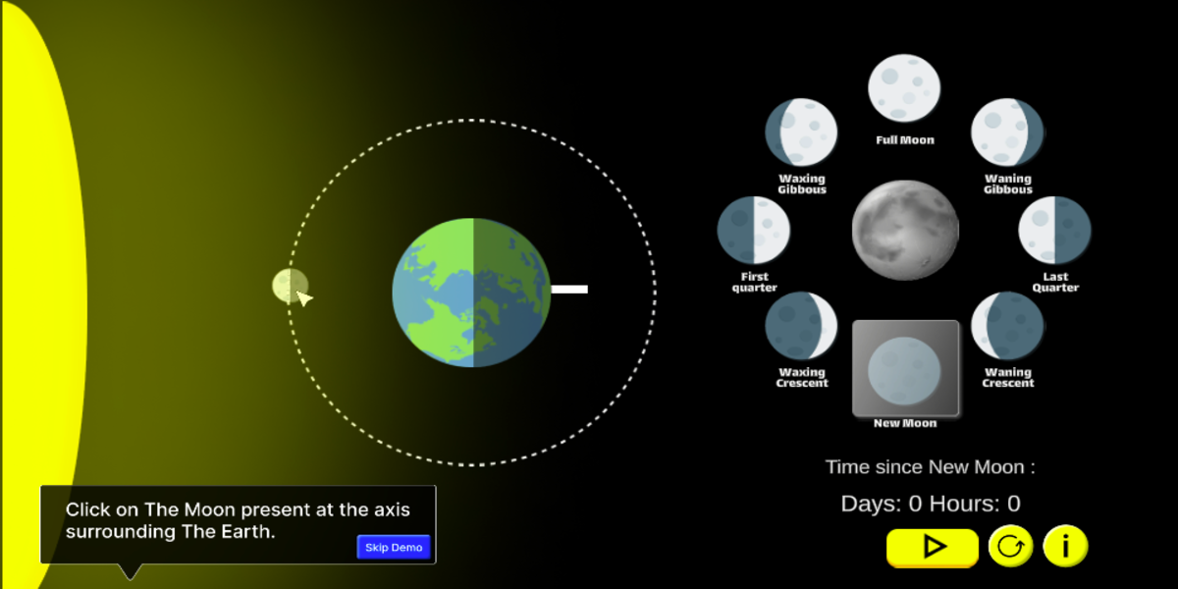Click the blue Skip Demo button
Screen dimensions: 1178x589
pos(394,547)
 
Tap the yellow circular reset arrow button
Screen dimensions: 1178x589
pos(1010,547)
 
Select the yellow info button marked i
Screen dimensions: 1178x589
pos(1065,547)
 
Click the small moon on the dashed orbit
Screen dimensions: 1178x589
pos(290,286)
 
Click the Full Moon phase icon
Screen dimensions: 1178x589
pos(904,87)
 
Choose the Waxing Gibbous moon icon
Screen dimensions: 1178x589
pos(801,132)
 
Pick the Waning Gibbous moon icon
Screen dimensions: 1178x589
pos(1007,132)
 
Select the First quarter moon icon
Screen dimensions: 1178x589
pos(754,230)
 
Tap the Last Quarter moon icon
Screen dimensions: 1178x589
pos(1054,230)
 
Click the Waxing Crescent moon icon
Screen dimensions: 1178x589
pos(801,326)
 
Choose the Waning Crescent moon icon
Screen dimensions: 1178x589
pos(1007,326)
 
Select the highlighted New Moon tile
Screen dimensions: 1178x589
pos(905,368)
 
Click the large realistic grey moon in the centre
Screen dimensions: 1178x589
pos(905,230)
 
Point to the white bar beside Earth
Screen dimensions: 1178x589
pos(569,289)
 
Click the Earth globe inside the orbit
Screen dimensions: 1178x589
pos(471,293)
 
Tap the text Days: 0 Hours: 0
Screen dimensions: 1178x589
pos(931,504)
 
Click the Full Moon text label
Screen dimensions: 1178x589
pos(905,139)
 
